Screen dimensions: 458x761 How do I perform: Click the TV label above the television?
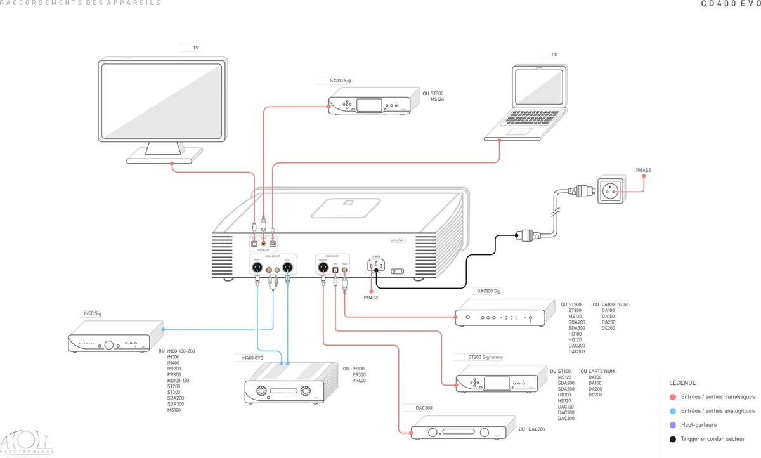pyautogui.click(x=196, y=48)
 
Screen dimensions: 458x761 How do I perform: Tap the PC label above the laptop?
pyautogui.click(x=554, y=55)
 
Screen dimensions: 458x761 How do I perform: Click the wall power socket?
pyautogui.click(x=609, y=189)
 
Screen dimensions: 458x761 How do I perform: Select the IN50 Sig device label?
pyautogui.click(x=93, y=313)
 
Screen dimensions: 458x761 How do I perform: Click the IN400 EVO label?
pyautogui.click(x=252, y=358)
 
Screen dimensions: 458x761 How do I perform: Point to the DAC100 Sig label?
pyautogui.click(x=489, y=291)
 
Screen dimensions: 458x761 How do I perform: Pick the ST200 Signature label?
pyautogui.click(x=485, y=357)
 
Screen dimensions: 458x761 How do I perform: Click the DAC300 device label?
pyautogui.click(x=424, y=408)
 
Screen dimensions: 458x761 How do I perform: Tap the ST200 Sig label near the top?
pyautogui.click(x=341, y=81)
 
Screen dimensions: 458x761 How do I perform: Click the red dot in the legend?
pyautogui.click(x=673, y=397)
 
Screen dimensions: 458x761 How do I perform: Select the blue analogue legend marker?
pyautogui.click(x=673, y=411)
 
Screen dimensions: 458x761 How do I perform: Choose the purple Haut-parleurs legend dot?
pyautogui.click(x=673, y=425)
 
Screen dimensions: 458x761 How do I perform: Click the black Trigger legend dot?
pyautogui.click(x=673, y=439)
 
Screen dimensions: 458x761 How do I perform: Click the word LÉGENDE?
pyautogui.click(x=682, y=383)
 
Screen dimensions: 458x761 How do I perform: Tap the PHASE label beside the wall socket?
pyautogui.click(x=643, y=170)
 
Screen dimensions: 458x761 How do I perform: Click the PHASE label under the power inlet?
pyautogui.click(x=371, y=298)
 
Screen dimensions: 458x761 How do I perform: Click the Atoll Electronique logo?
pyautogui.click(x=27, y=443)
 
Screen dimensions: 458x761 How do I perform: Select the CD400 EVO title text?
pyautogui.click(x=730, y=3)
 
